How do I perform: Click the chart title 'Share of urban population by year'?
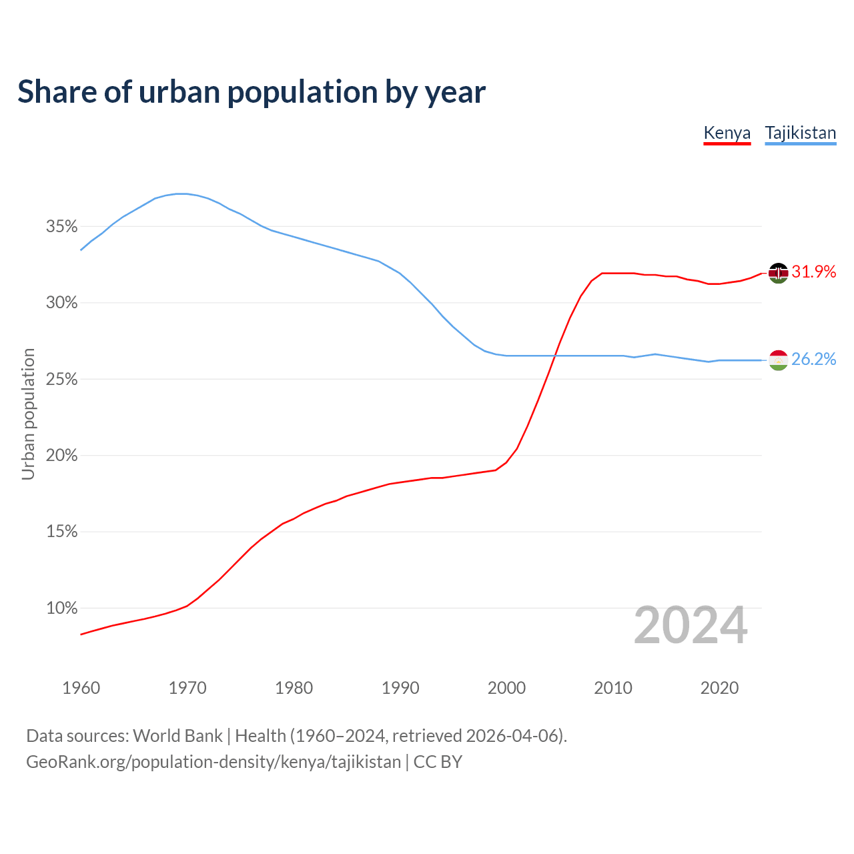point(252,91)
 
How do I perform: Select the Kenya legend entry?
point(727,133)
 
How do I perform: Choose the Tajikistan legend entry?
point(800,133)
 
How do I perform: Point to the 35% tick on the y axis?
point(62,227)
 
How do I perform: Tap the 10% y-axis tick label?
point(62,608)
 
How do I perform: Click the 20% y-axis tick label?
point(62,456)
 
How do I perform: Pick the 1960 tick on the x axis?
point(81,688)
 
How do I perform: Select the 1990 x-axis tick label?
point(400,688)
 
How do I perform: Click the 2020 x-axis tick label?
point(719,688)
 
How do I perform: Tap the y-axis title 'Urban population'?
point(28,414)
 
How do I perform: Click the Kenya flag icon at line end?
point(779,273)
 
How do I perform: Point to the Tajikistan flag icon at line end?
point(779,360)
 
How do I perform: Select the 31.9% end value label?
point(814,272)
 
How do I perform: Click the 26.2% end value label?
point(814,359)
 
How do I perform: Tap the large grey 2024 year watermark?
point(691,626)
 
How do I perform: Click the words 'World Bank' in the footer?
point(177,735)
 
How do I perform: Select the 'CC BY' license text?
point(438,762)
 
